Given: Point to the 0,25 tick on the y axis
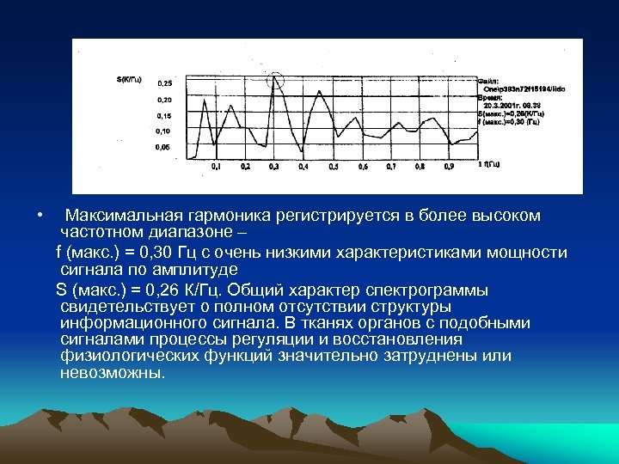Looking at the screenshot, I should click(x=163, y=84).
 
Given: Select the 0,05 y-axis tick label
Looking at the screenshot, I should click(x=162, y=148).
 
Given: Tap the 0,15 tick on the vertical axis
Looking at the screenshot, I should click(x=163, y=116).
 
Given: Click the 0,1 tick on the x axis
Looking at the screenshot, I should click(x=216, y=166).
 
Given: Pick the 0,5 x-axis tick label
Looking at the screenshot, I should click(x=334, y=166).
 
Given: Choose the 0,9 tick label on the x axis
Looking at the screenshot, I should click(x=449, y=166).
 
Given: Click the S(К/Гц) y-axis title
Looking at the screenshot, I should click(x=130, y=79).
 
